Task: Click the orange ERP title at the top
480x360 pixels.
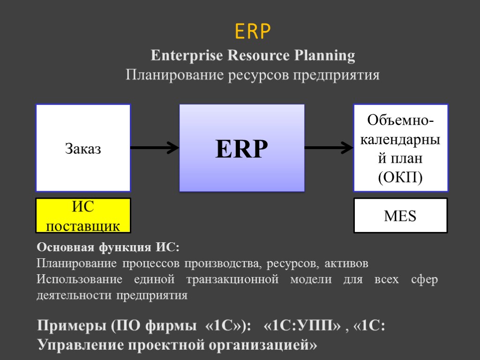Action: pos(253,32)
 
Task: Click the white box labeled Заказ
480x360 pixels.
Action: pos(83,148)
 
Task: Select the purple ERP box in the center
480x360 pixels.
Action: pos(242,148)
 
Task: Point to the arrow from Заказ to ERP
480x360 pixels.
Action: pos(155,148)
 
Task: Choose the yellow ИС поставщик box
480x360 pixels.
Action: pos(83,216)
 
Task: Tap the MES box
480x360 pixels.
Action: pos(400,216)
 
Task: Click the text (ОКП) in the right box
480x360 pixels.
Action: pos(400,178)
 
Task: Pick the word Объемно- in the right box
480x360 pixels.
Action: pos(400,120)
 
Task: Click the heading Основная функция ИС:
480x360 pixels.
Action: pos(108,247)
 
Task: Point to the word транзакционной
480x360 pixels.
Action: pos(232,280)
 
